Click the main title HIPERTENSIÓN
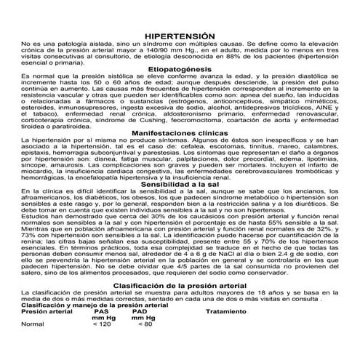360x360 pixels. point(180,35)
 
